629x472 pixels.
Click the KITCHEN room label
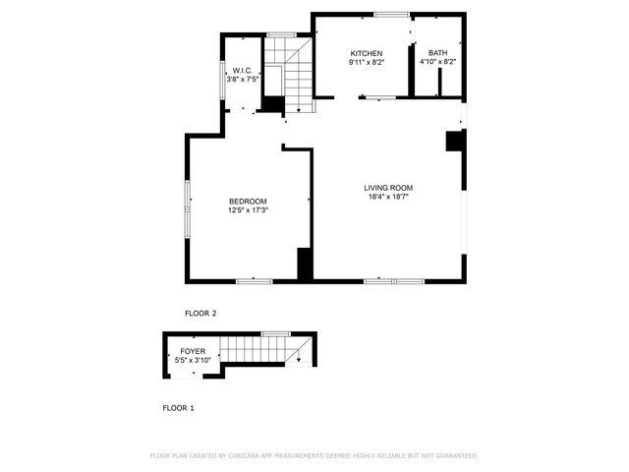[366, 52]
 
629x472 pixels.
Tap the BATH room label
[437, 52]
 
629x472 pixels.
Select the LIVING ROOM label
[388, 188]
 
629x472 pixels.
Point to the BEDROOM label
[248, 202]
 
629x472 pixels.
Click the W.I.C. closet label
[241, 70]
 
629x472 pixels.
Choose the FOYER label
[193, 351]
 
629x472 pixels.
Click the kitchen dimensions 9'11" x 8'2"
[366, 62]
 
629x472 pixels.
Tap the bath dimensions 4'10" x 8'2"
[437, 62]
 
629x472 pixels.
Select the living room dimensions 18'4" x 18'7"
[388, 197]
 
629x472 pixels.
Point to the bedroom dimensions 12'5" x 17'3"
[248, 210]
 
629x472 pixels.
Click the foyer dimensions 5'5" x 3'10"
[193, 360]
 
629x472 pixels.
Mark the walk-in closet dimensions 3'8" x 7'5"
[241, 79]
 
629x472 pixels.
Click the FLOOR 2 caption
[200, 313]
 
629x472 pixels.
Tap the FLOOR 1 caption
[178, 406]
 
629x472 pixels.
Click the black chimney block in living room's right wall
[455, 141]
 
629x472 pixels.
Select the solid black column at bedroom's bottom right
[305, 264]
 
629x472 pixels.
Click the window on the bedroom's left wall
[187, 206]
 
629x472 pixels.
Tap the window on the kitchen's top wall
[391, 14]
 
